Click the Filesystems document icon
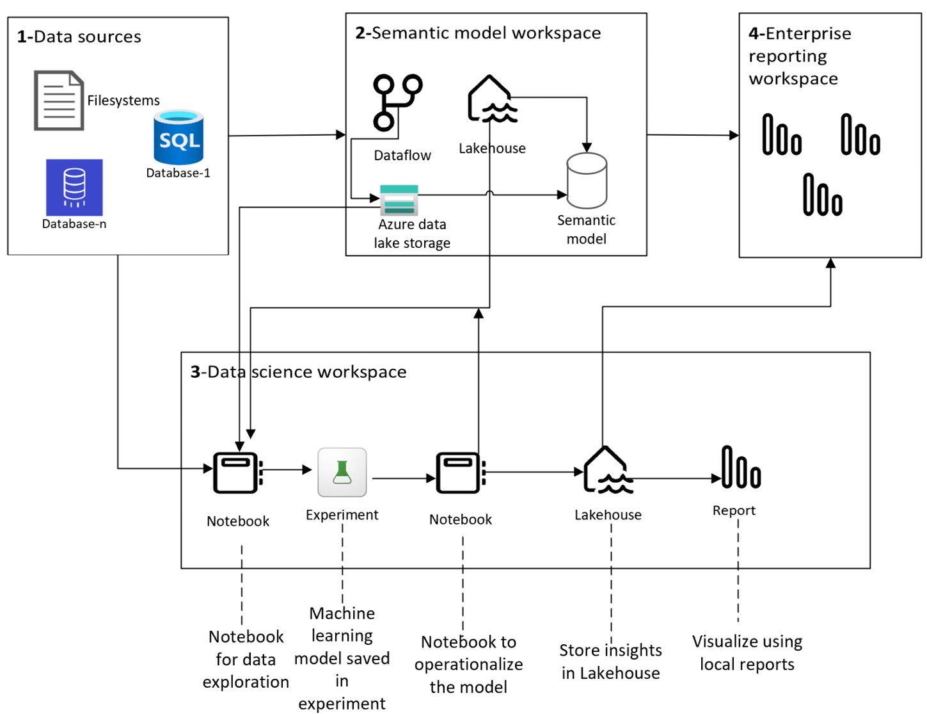(59, 100)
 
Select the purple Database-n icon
(74, 187)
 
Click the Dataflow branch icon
(397, 102)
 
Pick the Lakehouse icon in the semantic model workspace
(492, 99)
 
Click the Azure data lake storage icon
(399, 200)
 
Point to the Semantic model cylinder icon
(586, 180)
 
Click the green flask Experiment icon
(342, 471)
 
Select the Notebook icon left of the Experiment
(237, 473)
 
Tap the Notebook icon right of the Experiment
(460, 473)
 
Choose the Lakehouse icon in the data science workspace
(608, 469)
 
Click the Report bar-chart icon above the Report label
(741, 466)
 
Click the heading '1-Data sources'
(79, 37)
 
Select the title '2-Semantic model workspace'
(478, 33)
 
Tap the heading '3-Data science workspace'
(298, 371)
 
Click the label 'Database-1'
(178, 172)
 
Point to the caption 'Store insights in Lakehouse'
(610, 661)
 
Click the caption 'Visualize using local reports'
(747, 653)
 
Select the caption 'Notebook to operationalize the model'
(468, 664)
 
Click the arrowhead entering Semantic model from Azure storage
(562, 195)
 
